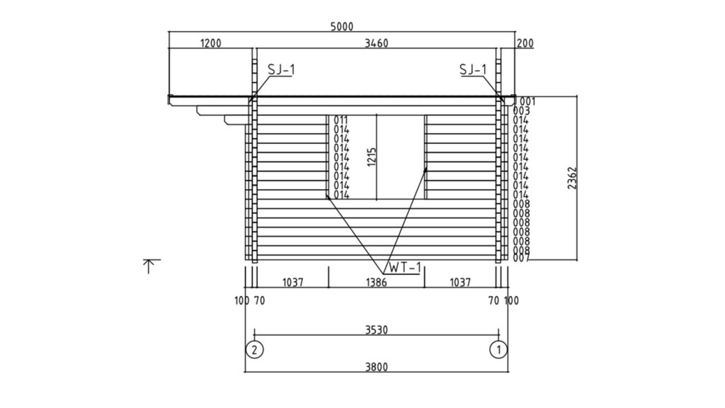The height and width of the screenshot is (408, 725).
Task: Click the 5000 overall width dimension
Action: tap(342, 27)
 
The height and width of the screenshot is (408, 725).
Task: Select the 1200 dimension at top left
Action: tap(210, 43)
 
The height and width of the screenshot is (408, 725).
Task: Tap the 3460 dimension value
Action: tap(377, 43)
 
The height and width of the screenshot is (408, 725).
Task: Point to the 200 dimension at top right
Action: tap(525, 43)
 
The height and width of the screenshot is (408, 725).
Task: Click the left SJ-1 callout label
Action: tap(281, 69)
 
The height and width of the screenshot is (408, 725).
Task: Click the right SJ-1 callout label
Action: tap(473, 69)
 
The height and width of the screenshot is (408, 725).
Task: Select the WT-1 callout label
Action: tap(405, 267)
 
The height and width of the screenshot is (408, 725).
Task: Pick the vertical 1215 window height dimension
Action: tap(372, 157)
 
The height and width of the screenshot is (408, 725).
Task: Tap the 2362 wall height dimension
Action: tap(572, 178)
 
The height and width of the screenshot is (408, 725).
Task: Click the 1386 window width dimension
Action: tap(377, 282)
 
